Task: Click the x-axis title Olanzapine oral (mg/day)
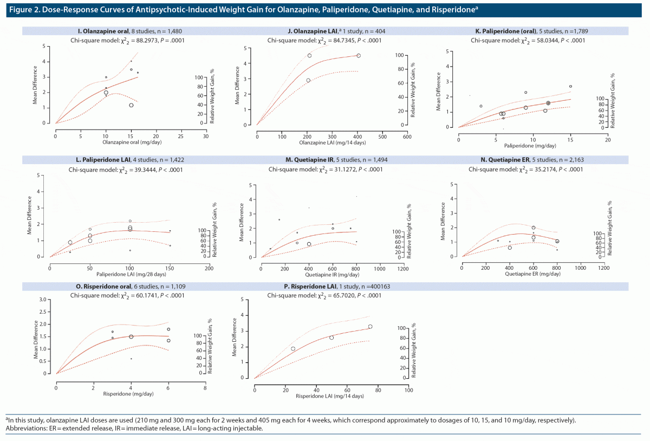(130, 142)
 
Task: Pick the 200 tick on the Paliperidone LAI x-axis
(209, 268)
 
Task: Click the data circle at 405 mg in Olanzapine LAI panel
(359, 56)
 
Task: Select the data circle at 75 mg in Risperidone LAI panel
(370, 327)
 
